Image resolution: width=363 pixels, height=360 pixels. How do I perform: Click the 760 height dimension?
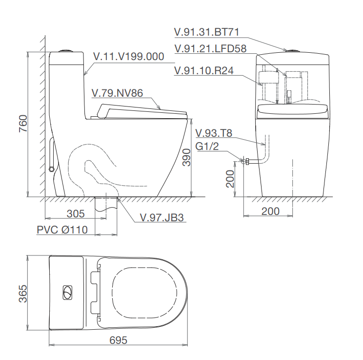click(x=23, y=123)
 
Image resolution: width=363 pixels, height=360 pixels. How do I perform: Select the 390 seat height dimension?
click(x=186, y=158)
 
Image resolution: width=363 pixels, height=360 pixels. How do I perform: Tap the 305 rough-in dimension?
click(x=76, y=213)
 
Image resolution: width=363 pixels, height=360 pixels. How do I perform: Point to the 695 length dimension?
click(x=118, y=340)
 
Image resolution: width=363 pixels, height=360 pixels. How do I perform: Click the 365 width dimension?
click(x=22, y=294)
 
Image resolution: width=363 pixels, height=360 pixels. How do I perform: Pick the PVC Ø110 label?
click(x=62, y=230)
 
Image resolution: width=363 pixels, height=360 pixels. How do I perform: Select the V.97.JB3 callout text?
click(x=161, y=217)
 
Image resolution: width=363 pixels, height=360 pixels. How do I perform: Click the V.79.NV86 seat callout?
click(x=118, y=93)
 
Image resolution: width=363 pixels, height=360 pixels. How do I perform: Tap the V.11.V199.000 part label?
click(x=129, y=56)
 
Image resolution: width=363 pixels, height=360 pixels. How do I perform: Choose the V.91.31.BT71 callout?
click(x=206, y=32)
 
